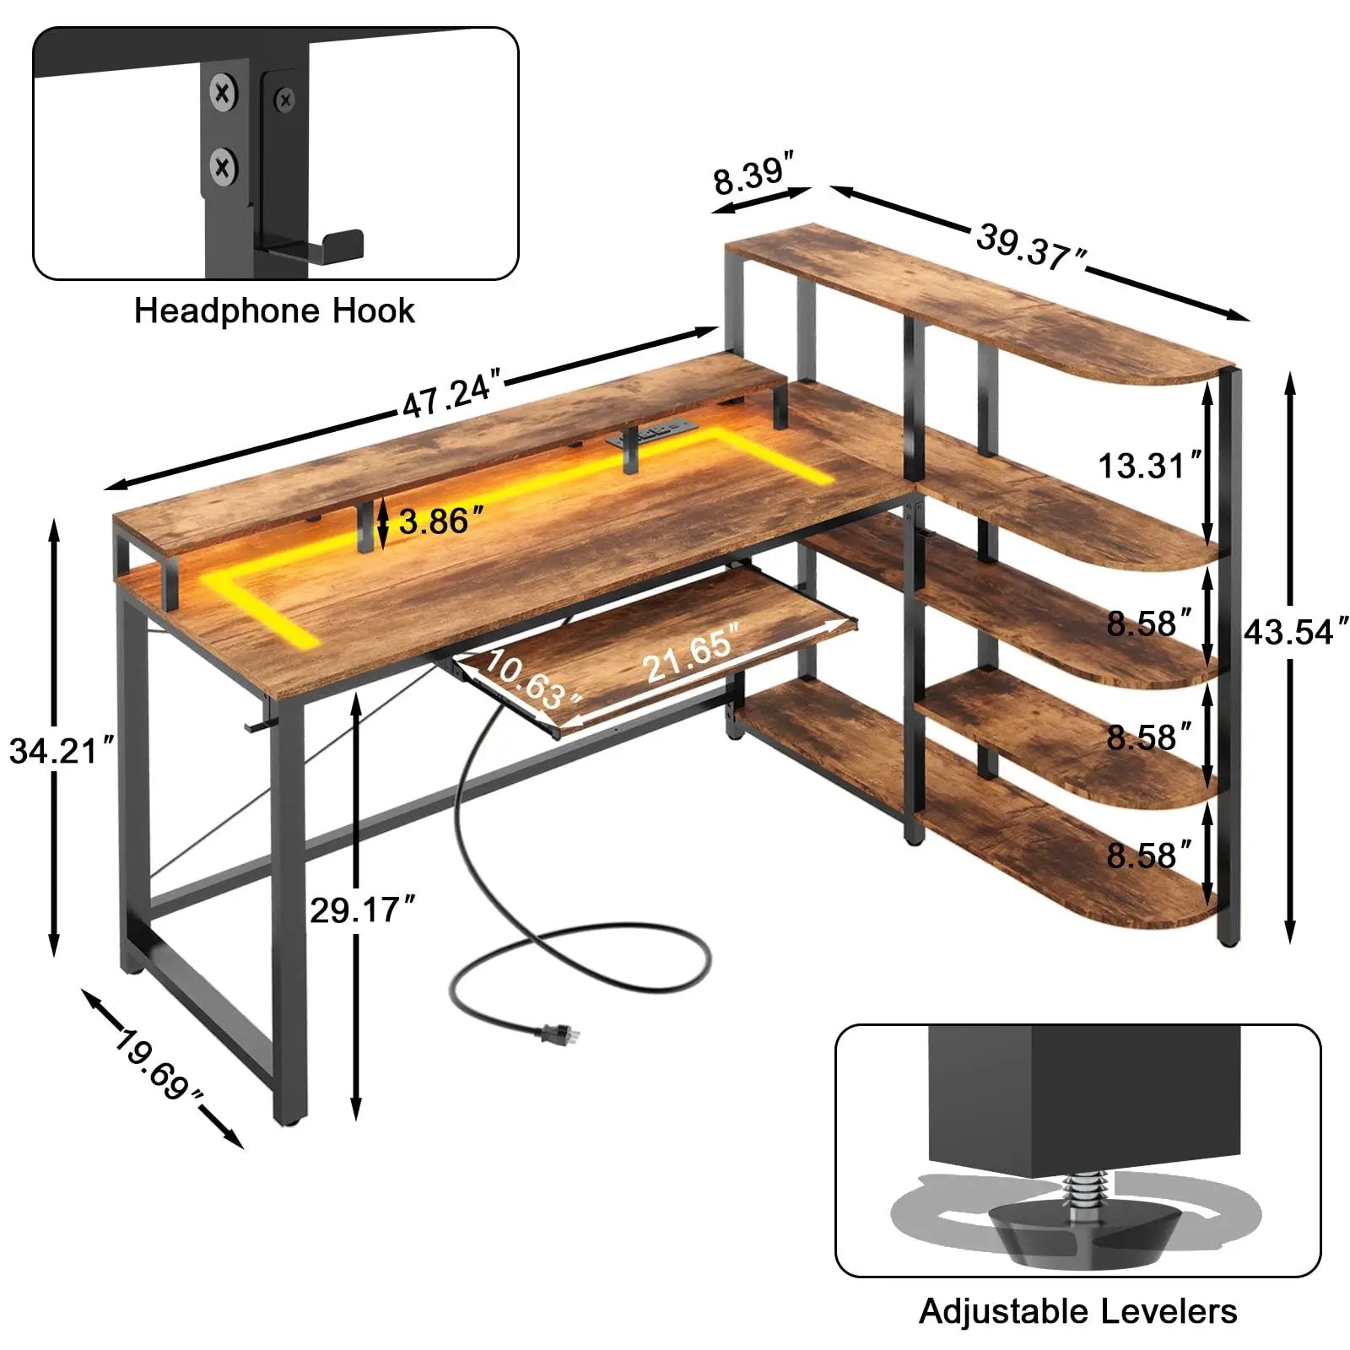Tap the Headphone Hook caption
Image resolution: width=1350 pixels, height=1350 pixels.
274,310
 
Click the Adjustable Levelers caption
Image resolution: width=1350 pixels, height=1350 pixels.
1077,1310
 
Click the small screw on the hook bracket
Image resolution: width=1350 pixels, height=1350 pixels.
284,100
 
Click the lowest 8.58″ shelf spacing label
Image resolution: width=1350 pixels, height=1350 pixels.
1148,855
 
